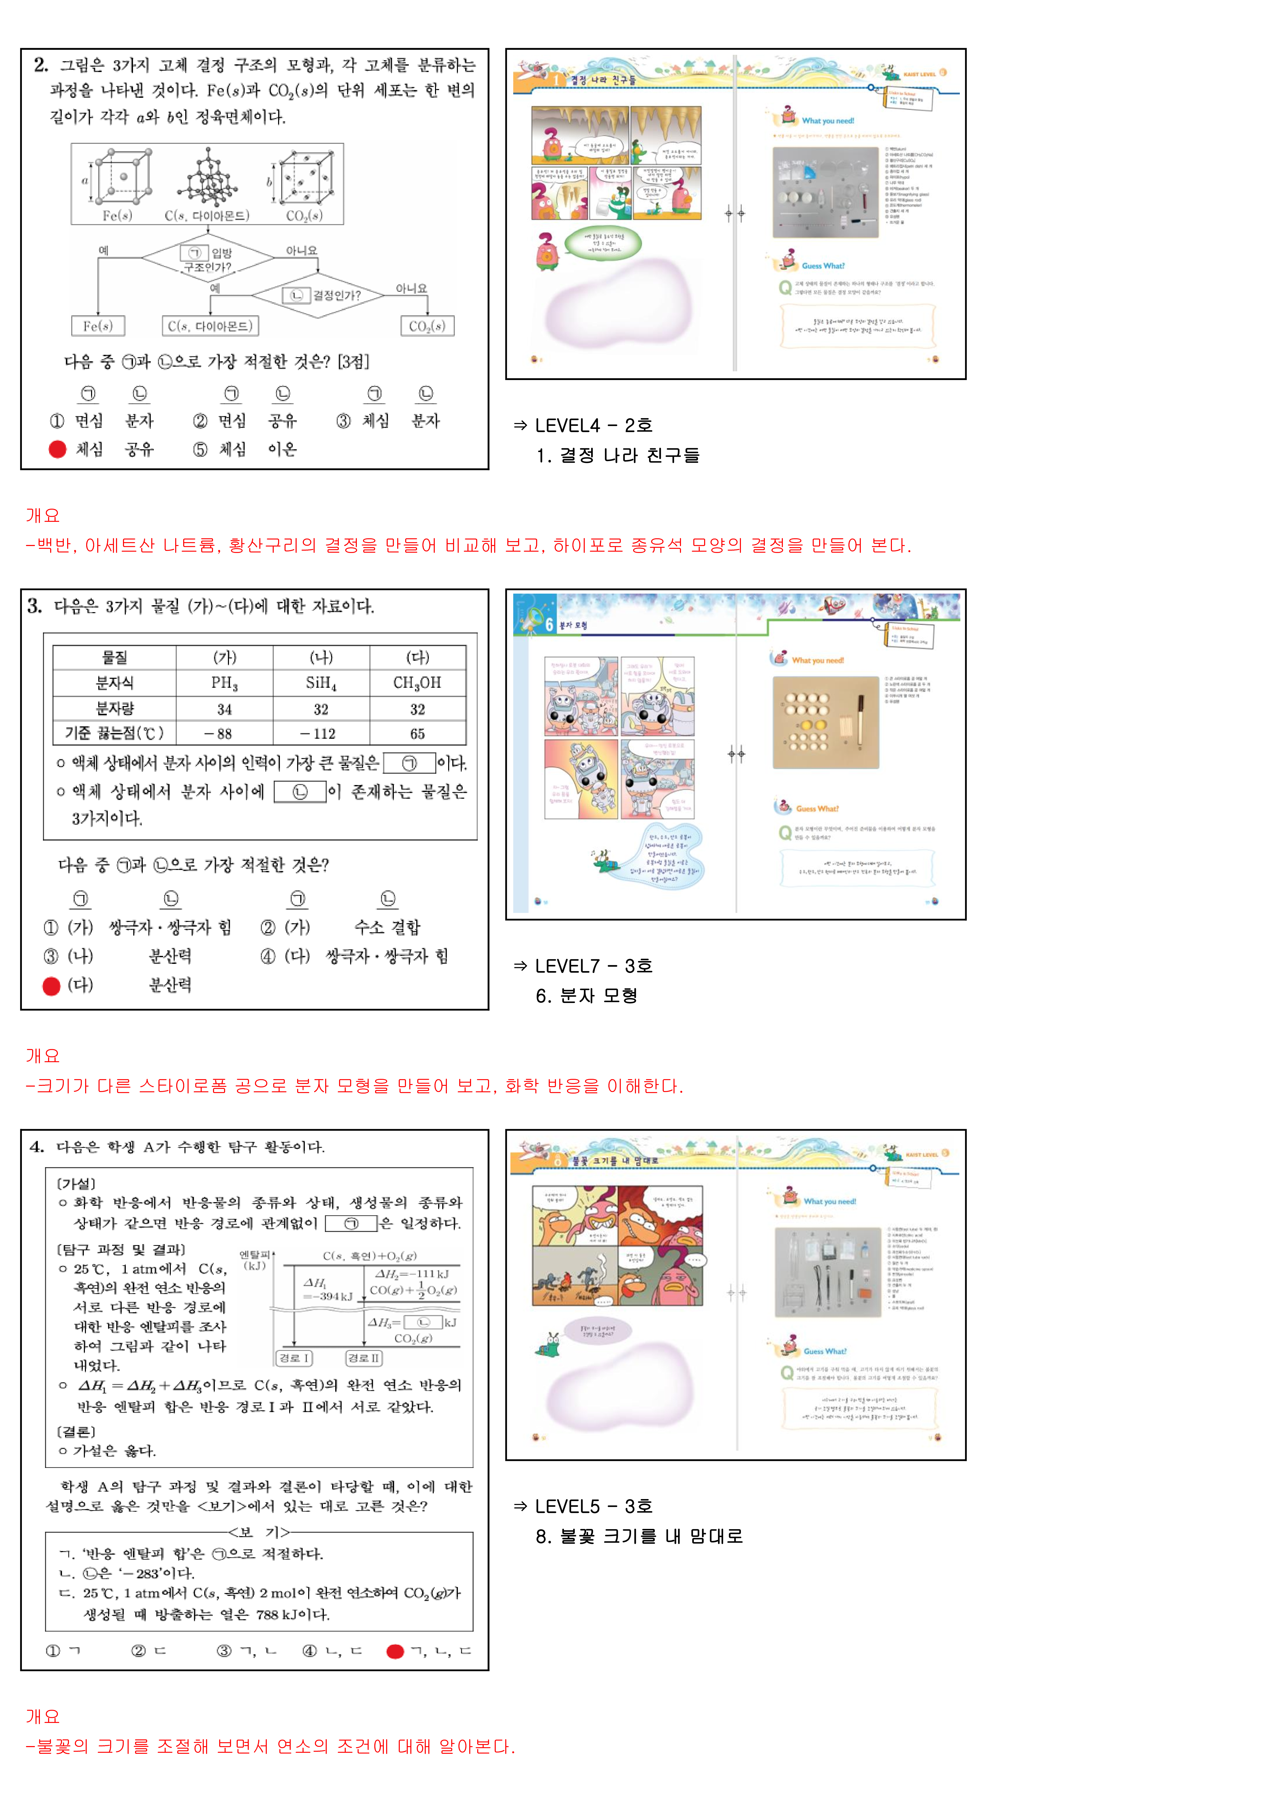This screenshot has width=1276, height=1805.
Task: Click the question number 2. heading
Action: click(41, 65)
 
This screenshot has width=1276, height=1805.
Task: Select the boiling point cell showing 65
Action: click(418, 734)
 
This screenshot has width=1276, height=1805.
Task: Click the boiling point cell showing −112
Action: click(321, 734)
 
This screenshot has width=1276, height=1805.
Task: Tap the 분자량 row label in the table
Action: click(115, 708)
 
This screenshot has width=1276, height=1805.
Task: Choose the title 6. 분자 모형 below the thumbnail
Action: click(587, 996)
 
